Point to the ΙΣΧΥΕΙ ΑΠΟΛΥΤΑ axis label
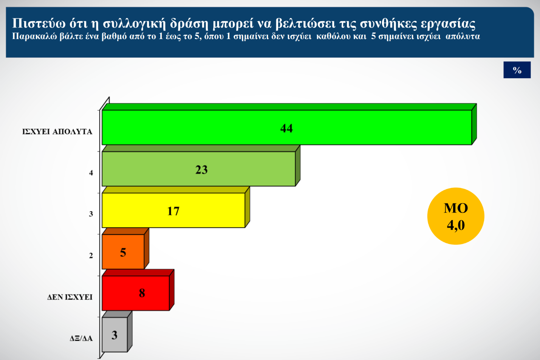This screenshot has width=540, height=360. pos(57,132)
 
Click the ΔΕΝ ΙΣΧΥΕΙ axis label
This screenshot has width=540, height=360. pos(70,297)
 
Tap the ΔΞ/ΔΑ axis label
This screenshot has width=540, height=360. pos(81,338)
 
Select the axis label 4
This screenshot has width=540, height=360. pos(91,173)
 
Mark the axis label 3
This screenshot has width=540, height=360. pos(91,214)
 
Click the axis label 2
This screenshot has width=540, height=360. pos(91,256)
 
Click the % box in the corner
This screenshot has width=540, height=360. pos(517,70)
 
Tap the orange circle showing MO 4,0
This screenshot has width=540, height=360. pos(456,216)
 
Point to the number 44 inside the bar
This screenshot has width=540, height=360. pos(286,128)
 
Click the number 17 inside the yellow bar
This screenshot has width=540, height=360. pos(173,211)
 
